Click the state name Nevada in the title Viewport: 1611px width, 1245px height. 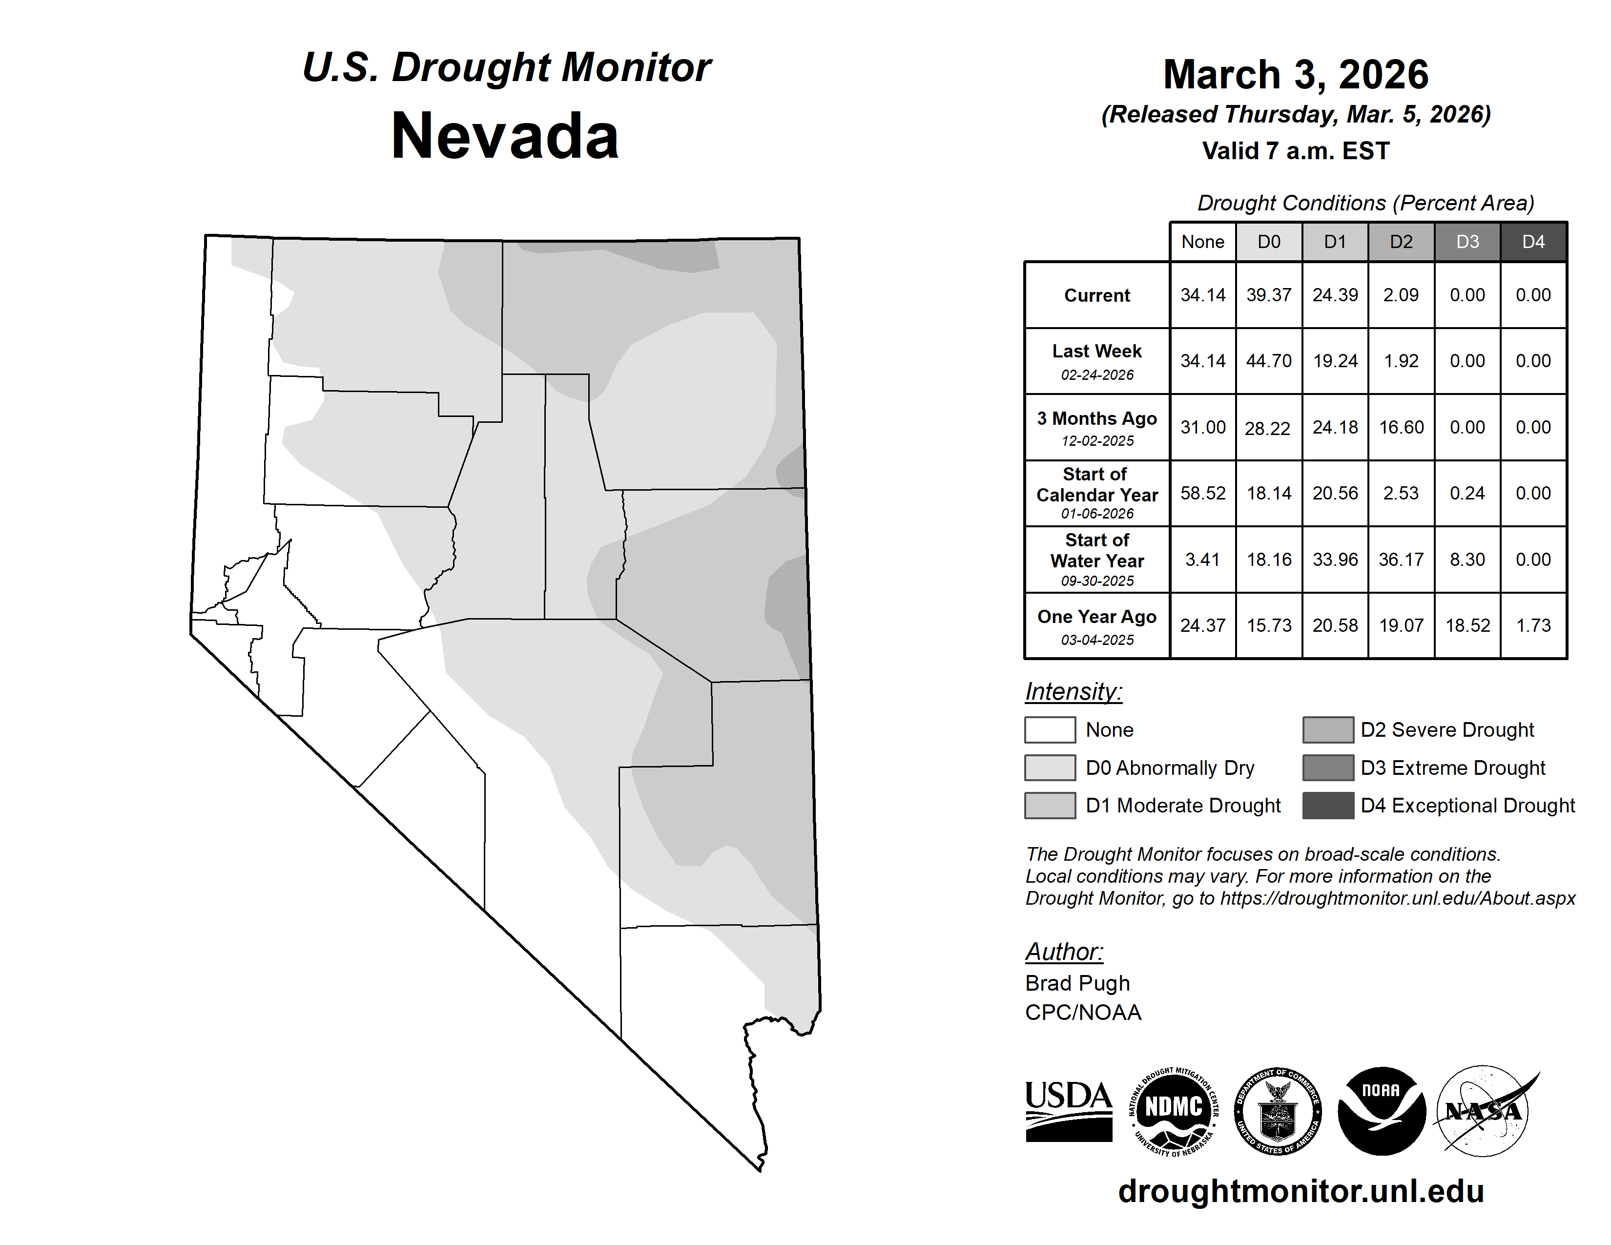pyautogui.click(x=505, y=136)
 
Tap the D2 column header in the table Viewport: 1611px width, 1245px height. pyautogui.click(x=1401, y=242)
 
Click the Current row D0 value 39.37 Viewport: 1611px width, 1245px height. pyautogui.click(x=1269, y=295)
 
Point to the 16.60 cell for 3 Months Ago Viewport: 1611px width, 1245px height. pyautogui.click(x=1401, y=427)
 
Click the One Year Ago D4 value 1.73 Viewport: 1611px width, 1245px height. pyautogui.click(x=1533, y=625)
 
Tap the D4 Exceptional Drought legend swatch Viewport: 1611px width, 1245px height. pyautogui.click(x=1328, y=806)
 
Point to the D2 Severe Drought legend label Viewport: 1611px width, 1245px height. pyautogui.click(x=1447, y=730)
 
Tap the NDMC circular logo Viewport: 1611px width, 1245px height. pyautogui.click(x=1174, y=1111)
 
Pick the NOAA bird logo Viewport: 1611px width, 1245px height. pyautogui.click(x=1381, y=1111)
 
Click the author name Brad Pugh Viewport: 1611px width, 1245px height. pyautogui.click(x=1077, y=983)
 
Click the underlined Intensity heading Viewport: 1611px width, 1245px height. pyautogui.click(x=1073, y=692)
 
